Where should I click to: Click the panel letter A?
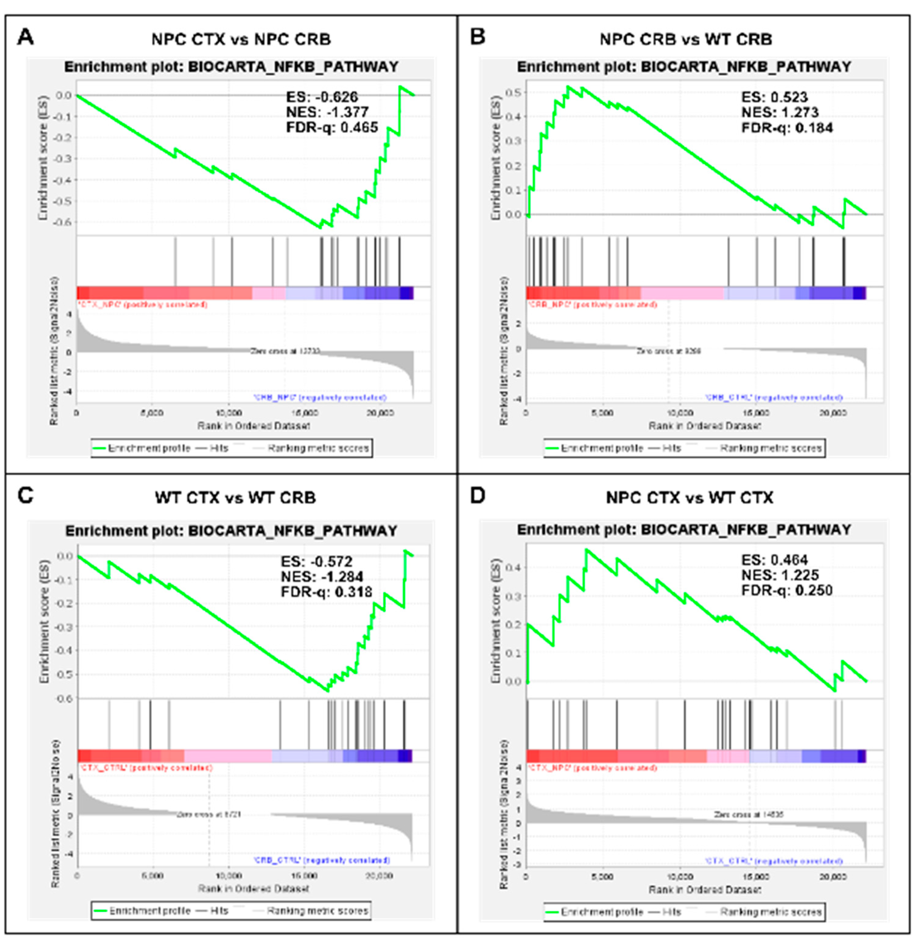tap(25, 37)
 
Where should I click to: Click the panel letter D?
tap(477, 496)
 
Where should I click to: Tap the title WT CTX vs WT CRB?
tap(235, 498)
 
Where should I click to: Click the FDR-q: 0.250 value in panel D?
tap(787, 590)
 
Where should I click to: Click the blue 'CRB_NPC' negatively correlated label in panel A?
tap(320, 398)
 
